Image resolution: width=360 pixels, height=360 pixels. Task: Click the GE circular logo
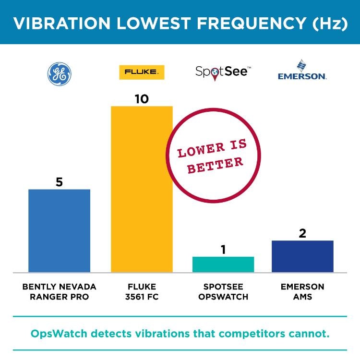coord(59,74)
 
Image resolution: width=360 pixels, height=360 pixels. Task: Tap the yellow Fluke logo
coord(142,72)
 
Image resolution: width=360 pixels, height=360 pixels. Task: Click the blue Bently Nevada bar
coord(59,231)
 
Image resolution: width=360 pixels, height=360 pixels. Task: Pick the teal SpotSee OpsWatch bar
coord(223,264)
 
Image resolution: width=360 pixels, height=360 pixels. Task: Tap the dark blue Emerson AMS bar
coord(302,256)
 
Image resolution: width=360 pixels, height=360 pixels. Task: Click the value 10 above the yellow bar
coord(142,99)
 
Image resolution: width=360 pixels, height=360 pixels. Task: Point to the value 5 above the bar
coord(59,182)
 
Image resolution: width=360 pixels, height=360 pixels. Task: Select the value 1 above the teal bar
coord(223,250)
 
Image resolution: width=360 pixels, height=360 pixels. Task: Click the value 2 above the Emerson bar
coord(302,233)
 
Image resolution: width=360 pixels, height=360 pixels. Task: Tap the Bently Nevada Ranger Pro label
coord(59,291)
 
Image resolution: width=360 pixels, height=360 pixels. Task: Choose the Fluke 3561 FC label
coord(142,291)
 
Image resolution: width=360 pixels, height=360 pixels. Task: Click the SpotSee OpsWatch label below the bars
coord(223,291)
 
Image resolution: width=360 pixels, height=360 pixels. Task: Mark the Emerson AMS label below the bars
coord(302,291)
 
